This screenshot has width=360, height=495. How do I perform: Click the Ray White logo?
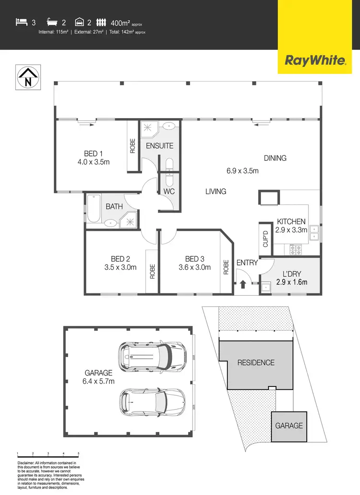tap(315, 60)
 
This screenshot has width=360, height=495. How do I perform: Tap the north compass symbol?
tap(28, 77)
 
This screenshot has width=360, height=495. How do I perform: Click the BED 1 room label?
tap(93, 154)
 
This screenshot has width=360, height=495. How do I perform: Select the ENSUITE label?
tap(159, 145)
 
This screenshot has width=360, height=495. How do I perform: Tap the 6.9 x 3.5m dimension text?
tap(243, 170)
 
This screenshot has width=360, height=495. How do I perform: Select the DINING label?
tap(275, 158)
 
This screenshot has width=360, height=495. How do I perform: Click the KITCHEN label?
tap(291, 222)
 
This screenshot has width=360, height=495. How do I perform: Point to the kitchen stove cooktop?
tap(295, 249)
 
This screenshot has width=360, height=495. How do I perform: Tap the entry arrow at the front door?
tap(243, 284)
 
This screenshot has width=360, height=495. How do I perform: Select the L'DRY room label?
tap(291, 274)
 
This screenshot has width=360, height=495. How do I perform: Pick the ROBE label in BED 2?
tap(152, 272)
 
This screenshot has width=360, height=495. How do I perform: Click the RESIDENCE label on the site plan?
tap(256, 362)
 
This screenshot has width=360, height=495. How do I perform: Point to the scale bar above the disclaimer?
tap(48, 454)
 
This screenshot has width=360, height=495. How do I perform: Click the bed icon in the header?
tap(21, 22)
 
